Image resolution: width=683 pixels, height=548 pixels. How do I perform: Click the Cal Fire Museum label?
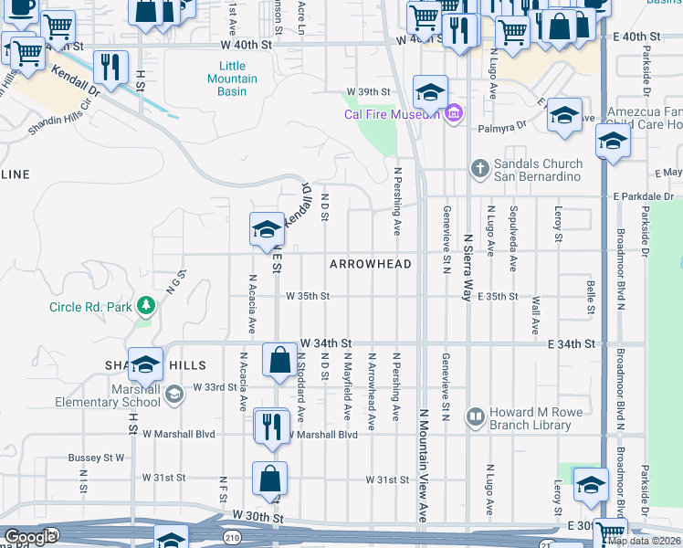[x=392, y=114]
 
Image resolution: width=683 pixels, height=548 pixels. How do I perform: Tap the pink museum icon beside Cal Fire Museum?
[x=454, y=113]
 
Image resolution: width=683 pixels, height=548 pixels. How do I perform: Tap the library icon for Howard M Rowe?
[x=475, y=418]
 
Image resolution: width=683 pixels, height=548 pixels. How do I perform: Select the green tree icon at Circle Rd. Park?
[x=144, y=303]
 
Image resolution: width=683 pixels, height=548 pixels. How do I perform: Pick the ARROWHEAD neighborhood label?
[x=370, y=264]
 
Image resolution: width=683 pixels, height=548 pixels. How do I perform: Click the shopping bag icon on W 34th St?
[x=279, y=361]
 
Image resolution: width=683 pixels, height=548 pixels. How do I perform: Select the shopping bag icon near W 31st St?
[x=270, y=479]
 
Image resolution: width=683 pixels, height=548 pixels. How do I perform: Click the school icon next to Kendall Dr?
[x=267, y=229]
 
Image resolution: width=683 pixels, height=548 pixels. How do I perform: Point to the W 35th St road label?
[x=307, y=296]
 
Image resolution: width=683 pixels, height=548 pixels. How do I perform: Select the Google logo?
[x=31, y=537]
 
